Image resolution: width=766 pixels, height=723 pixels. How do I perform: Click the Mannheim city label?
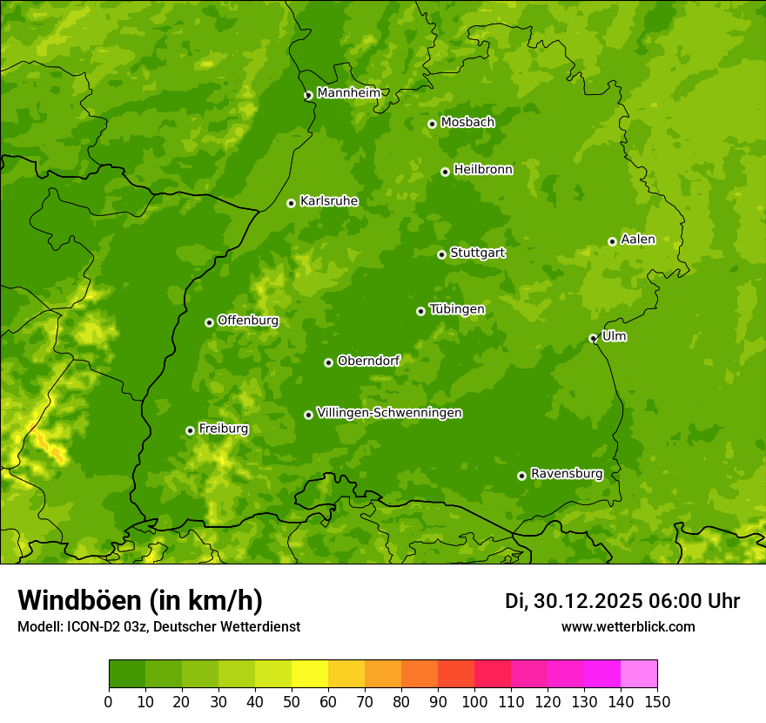[x=348, y=93]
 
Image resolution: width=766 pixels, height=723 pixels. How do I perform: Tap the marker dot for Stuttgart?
[x=441, y=254]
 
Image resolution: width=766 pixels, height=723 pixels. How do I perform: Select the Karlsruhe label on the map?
[x=328, y=201]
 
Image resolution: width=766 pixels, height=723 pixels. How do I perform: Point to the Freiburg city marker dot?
[x=190, y=430]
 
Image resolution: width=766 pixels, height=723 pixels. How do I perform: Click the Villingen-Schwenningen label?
[x=389, y=413]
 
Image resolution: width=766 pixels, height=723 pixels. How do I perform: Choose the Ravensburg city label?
[x=566, y=474]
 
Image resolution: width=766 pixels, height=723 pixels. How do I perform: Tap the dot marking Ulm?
[x=593, y=338]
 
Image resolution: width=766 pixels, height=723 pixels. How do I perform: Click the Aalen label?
[x=638, y=240]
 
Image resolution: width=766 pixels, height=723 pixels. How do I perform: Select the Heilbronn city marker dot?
[x=445, y=172]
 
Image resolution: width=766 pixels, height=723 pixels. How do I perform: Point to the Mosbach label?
[x=467, y=123]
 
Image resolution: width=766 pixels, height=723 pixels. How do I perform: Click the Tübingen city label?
[x=456, y=309]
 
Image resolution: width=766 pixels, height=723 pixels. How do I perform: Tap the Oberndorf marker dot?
[x=328, y=362]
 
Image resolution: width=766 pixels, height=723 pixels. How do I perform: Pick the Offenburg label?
[x=247, y=321]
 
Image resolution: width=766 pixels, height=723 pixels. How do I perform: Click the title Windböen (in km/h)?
[x=140, y=600]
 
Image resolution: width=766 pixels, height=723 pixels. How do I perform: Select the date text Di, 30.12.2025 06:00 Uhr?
[x=622, y=601]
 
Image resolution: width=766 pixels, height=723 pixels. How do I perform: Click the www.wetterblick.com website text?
[x=628, y=626]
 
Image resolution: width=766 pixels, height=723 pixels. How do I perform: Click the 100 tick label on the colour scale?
[x=474, y=701]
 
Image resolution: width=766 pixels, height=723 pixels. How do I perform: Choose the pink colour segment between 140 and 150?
[x=639, y=674]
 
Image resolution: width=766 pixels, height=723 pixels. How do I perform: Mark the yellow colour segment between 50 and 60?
[x=310, y=674]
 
